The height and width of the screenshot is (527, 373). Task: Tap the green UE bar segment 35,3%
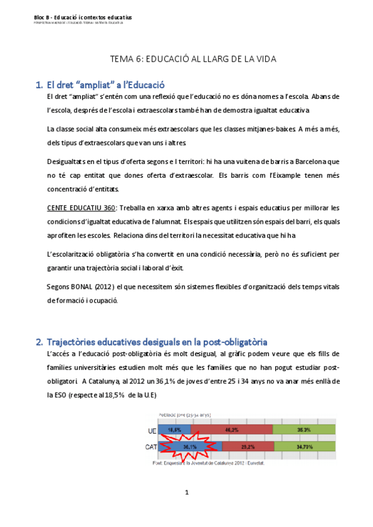[304, 429]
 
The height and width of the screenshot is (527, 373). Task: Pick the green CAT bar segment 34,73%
[306, 446]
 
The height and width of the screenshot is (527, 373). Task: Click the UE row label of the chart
[152, 429]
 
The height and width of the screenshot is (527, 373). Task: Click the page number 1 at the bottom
[186, 493]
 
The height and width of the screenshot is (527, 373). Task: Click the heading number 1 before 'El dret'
[39, 85]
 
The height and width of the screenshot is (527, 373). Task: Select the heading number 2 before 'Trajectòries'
[39, 341]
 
